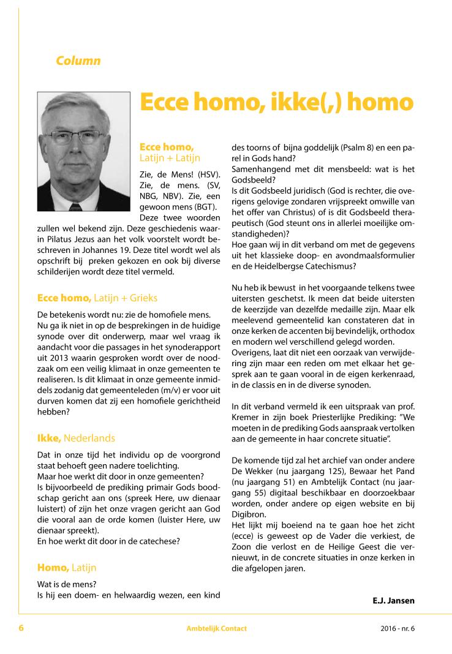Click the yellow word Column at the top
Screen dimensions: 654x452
pos(78,61)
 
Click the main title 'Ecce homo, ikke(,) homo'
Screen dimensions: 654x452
pos(277,102)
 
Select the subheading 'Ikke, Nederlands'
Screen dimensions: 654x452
pos(76,438)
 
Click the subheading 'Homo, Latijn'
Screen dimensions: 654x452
pos(67,568)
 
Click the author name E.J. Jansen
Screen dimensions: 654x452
pos(393,601)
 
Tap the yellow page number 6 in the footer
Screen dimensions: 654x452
pos(21,628)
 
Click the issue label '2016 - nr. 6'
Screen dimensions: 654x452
pos(393,629)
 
